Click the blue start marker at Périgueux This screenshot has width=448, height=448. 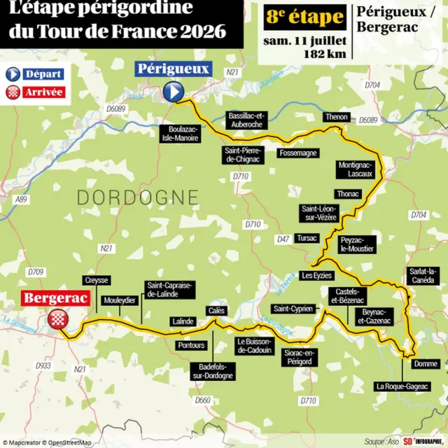(x=173, y=91)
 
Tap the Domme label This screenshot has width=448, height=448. (x=426, y=364)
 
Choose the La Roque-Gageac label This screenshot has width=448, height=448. (x=402, y=386)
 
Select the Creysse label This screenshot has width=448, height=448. (x=97, y=280)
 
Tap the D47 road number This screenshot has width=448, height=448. (x=283, y=239)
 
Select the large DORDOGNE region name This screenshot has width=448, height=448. (x=137, y=197)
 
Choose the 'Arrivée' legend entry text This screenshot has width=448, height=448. (x=43, y=92)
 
